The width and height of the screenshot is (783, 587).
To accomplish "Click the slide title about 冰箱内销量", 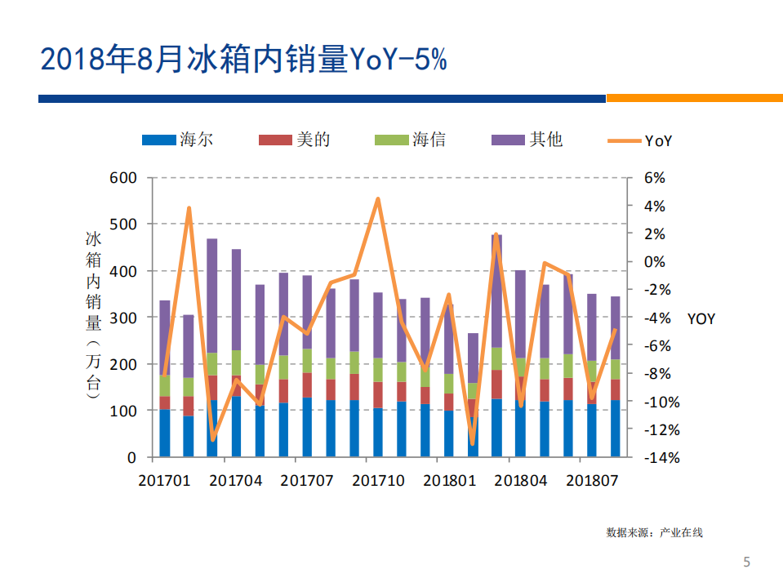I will (x=243, y=60).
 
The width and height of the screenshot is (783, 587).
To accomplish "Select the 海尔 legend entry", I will (x=179, y=140).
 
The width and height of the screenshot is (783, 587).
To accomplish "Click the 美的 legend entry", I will (x=295, y=140).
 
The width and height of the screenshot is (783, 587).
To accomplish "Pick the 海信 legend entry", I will (x=411, y=140).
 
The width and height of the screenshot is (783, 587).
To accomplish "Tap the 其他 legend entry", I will (x=527, y=140).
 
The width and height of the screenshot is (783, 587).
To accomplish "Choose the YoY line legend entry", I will (x=643, y=141).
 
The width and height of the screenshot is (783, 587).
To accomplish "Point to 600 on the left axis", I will (x=122, y=178).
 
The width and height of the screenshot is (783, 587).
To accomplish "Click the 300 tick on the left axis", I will (x=122, y=318).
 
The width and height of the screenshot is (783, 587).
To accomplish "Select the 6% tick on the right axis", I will (x=654, y=178).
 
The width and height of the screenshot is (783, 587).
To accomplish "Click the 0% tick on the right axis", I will (x=654, y=262).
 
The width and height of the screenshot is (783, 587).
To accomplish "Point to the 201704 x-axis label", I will (x=236, y=481).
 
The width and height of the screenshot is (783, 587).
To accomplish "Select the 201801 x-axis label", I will (x=449, y=481).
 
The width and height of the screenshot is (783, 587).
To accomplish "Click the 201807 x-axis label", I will (x=591, y=481).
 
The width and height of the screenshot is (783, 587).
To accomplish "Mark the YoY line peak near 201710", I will (x=378, y=198).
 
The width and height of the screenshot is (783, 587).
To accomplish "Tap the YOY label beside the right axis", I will (x=701, y=319).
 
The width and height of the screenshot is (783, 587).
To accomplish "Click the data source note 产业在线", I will (x=654, y=533).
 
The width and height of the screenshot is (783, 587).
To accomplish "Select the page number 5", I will (x=746, y=562).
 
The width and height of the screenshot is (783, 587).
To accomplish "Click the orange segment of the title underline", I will (x=694, y=98).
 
